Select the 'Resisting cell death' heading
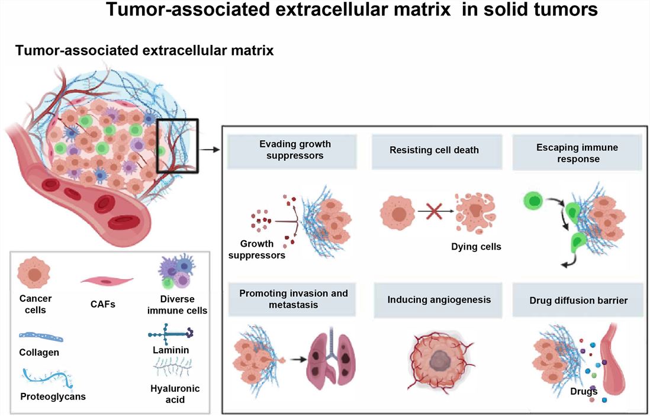(434, 150)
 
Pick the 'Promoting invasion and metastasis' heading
(294, 299)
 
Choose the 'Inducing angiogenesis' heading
(439, 300)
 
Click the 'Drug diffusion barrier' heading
(578, 301)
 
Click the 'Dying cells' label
(476, 247)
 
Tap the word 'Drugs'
(584, 391)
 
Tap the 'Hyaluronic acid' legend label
(175, 394)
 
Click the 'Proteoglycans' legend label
(53, 396)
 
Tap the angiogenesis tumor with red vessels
(439, 359)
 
